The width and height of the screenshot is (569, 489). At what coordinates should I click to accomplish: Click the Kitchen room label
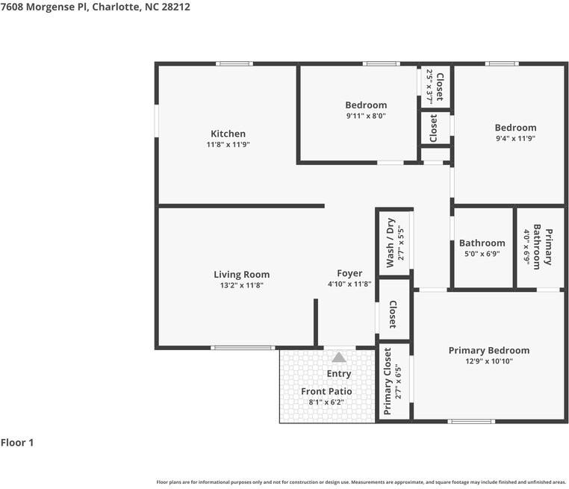[x=228, y=134]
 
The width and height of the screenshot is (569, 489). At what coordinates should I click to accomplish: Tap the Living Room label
[x=241, y=275]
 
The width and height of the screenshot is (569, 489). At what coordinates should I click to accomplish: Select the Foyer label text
[x=349, y=274]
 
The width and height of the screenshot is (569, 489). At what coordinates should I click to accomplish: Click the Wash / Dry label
[x=390, y=243]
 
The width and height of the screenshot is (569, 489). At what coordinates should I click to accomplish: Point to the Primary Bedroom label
[x=488, y=350]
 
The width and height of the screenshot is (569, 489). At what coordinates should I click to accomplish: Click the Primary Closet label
[x=388, y=381]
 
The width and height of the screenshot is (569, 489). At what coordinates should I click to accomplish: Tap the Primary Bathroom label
[x=548, y=247]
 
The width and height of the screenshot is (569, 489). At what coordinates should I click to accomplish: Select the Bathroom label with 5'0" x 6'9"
[x=482, y=243]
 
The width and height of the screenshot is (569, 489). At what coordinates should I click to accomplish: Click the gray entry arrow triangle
[x=339, y=358]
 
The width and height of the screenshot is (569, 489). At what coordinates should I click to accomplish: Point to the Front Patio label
[x=326, y=391]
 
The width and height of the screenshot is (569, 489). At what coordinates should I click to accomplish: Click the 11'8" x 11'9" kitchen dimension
[x=228, y=145]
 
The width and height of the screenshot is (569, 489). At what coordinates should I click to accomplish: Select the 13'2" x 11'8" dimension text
[x=241, y=285]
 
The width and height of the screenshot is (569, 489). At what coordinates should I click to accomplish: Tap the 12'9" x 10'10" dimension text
[x=488, y=361]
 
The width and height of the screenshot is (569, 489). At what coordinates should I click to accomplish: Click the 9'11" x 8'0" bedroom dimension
[x=366, y=116]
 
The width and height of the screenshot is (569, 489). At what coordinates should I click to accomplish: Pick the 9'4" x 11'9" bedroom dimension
[x=515, y=138]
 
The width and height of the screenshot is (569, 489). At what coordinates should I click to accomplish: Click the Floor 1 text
[x=17, y=443]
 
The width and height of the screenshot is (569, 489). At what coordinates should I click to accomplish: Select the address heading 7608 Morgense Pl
[x=90, y=7]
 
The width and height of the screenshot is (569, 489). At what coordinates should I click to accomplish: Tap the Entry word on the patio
[x=339, y=374]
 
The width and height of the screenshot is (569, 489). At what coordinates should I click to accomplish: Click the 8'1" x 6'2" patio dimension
[x=326, y=402]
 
